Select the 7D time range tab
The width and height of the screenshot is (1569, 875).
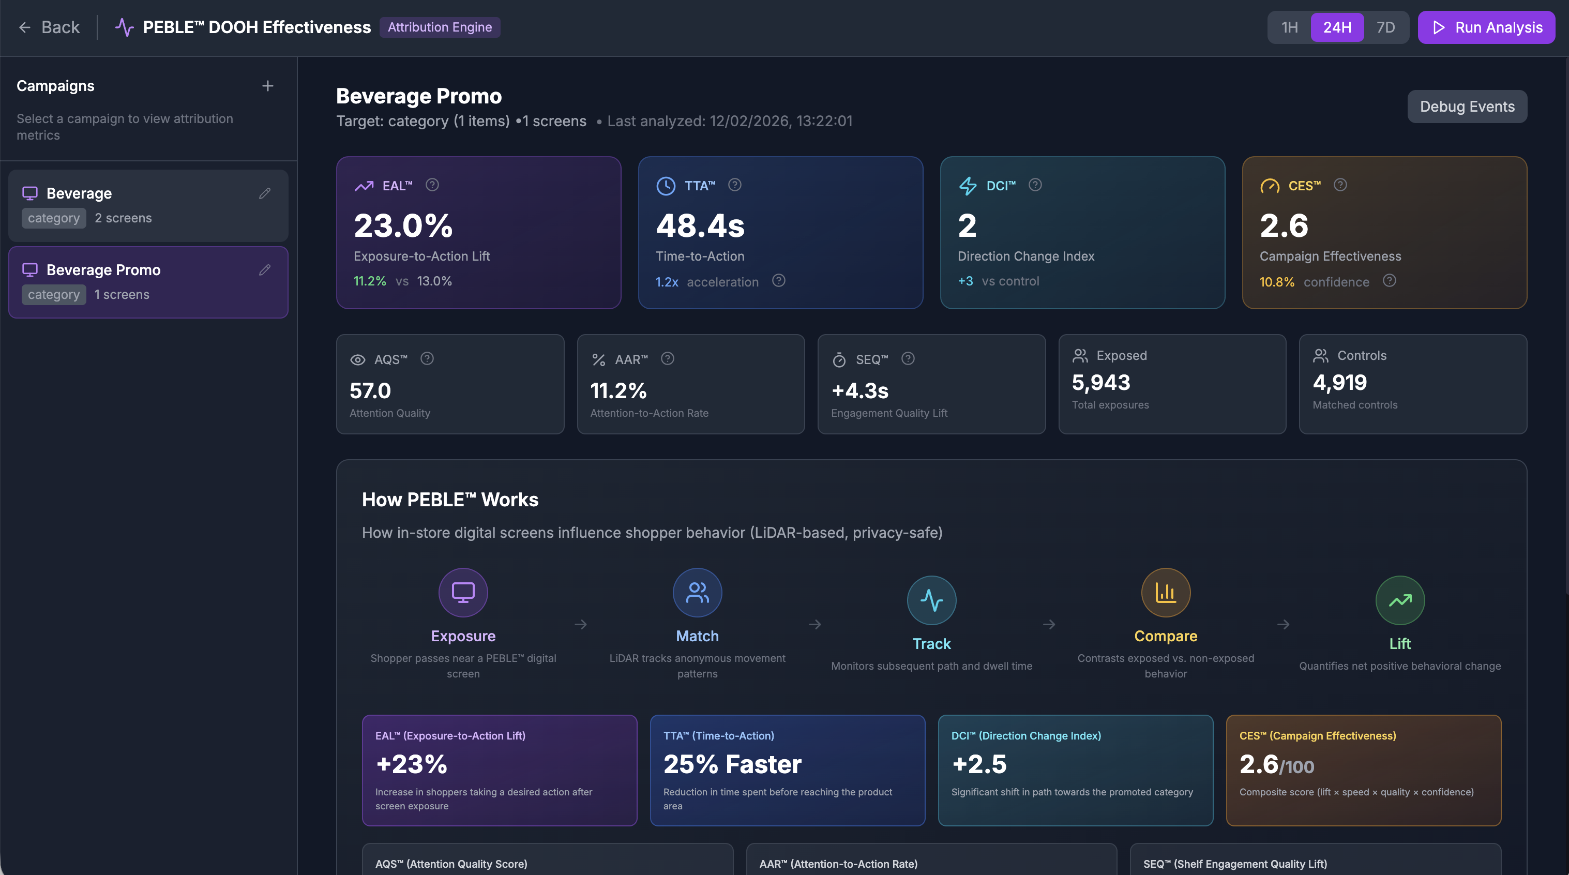[1385, 27]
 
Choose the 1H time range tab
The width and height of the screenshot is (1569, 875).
[1289, 27]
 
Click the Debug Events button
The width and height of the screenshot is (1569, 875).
[1467, 107]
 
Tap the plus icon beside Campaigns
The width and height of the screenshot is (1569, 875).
[267, 86]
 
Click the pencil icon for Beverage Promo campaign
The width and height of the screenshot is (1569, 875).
[264, 270]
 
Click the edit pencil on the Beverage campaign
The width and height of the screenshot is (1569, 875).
[264, 193]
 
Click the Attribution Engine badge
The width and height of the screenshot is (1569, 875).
[440, 27]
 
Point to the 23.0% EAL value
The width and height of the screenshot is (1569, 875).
[403, 225]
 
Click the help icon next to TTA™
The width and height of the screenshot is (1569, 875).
[734, 185]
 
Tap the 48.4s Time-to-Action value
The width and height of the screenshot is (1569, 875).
[700, 225]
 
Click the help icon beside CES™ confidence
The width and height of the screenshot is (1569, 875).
[1390, 281]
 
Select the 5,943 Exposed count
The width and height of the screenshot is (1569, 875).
[1100, 382]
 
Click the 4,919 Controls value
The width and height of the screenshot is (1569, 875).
[1339, 382]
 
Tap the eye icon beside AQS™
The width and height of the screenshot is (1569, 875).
[357, 360]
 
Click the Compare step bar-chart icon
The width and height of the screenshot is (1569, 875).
[1165, 593]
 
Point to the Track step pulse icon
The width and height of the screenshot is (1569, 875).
[931, 600]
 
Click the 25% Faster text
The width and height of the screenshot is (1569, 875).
[732, 764]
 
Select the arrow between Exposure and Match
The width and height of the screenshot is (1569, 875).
[580, 624]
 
